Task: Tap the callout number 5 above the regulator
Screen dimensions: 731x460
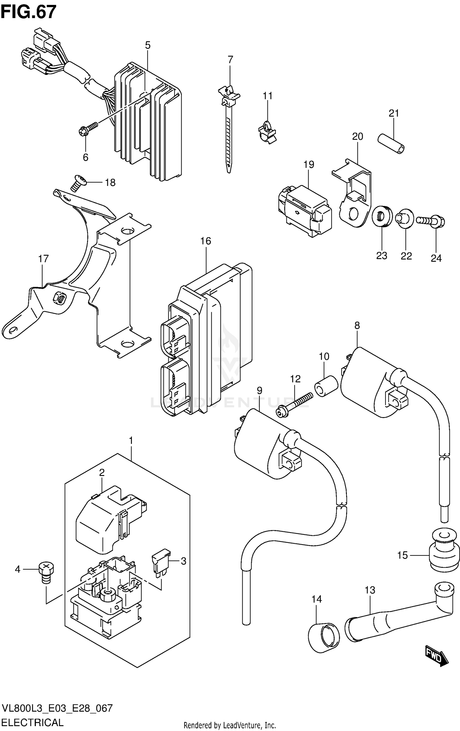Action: click(148, 45)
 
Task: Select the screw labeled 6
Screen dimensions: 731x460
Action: click(88, 128)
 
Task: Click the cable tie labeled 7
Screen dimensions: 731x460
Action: click(228, 129)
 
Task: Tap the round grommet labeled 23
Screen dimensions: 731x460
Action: click(382, 217)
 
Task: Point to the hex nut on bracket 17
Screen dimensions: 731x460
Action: click(59, 297)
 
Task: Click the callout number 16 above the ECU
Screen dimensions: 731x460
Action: click(206, 241)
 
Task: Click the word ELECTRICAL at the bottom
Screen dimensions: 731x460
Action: click(33, 722)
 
